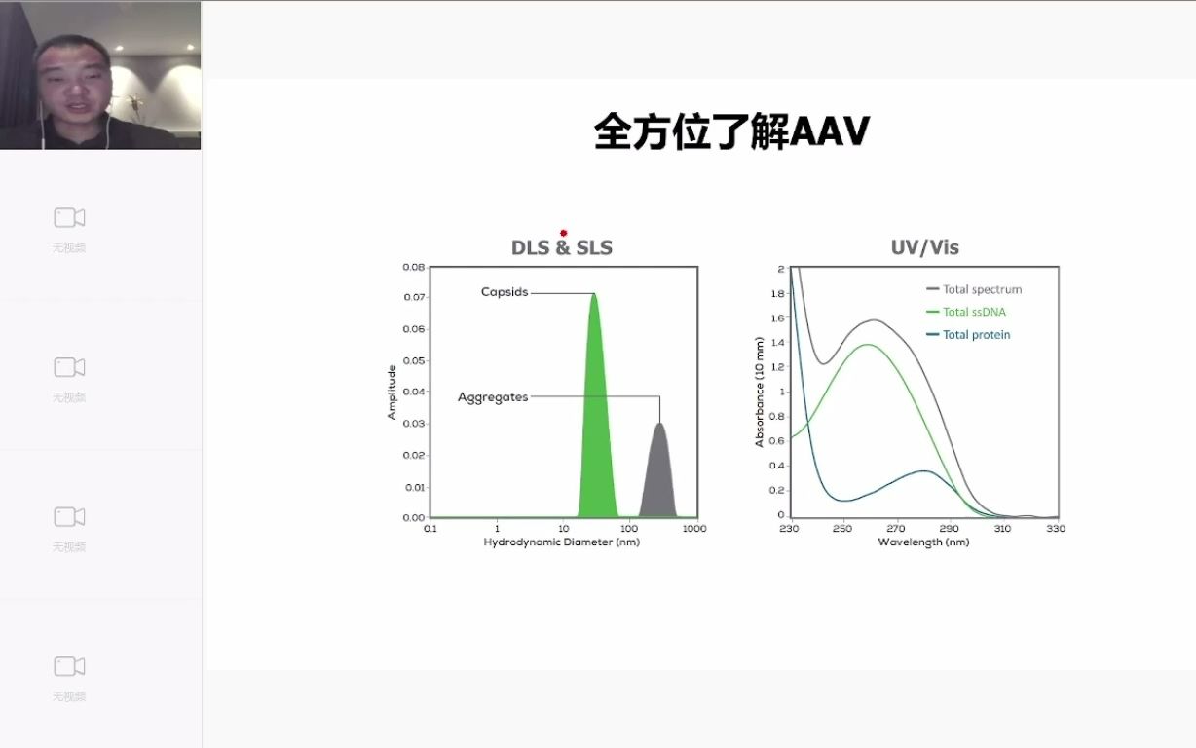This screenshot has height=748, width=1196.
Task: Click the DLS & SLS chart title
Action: (x=562, y=247)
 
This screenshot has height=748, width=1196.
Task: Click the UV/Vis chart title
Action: (x=925, y=247)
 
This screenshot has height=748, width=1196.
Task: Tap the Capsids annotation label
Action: (x=505, y=292)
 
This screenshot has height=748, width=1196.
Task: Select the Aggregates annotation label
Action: (x=493, y=397)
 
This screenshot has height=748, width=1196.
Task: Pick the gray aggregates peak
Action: (x=658, y=475)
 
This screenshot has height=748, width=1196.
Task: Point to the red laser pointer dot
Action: (x=563, y=233)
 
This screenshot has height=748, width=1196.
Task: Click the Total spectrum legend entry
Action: (x=974, y=289)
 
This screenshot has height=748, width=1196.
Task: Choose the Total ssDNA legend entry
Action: (x=966, y=312)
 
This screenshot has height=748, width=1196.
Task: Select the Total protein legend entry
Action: (x=968, y=335)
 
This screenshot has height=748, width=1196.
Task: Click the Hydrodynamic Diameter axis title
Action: (x=562, y=542)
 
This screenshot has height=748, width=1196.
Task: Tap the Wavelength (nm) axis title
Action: (x=923, y=542)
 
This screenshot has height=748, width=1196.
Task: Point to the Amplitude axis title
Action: (x=392, y=393)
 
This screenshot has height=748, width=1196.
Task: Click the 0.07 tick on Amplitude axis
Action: (x=414, y=297)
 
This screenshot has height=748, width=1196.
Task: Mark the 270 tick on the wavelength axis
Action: (x=896, y=529)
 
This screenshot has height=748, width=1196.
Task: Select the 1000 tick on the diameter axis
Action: (x=694, y=529)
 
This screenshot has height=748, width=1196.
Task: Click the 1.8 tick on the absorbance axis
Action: (x=778, y=293)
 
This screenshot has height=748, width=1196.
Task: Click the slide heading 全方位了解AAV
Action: (x=732, y=131)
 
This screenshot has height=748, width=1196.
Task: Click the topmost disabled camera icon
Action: (x=69, y=218)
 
